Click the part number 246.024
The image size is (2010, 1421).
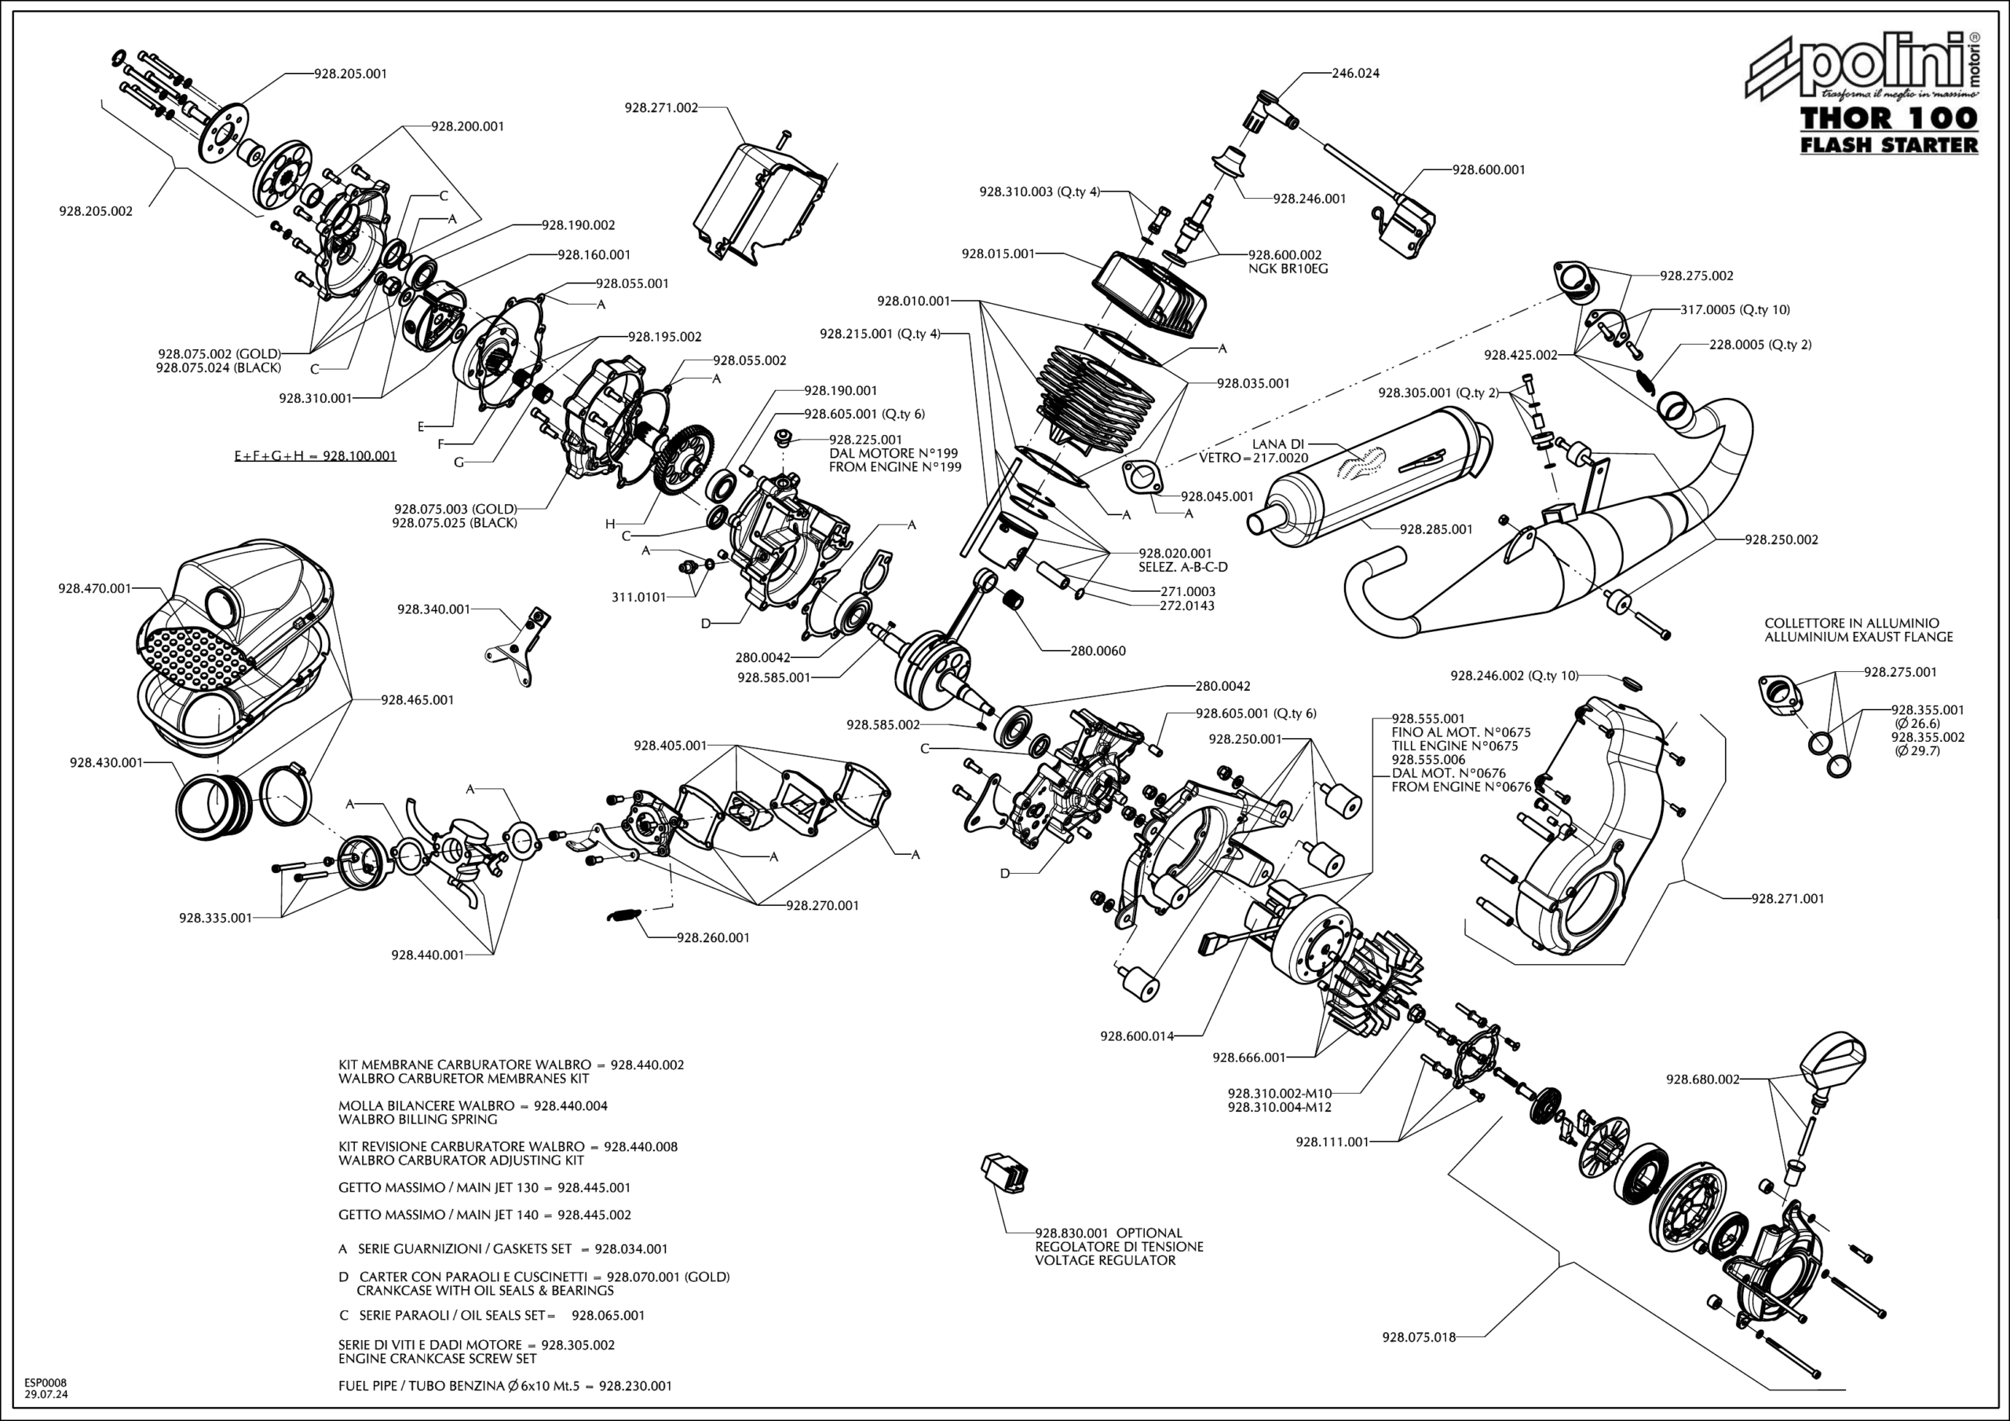pyautogui.click(x=1355, y=74)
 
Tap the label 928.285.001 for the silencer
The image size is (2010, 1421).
pyautogui.click(x=1436, y=530)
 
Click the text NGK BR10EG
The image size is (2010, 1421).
pyautogui.click(x=1288, y=268)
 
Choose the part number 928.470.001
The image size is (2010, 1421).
pyautogui.click(x=94, y=588)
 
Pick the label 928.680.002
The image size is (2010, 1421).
pyautogui.click(x=1703, y=1079)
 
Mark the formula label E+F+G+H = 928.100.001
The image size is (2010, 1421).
pyautogui.click(x=315, y=456)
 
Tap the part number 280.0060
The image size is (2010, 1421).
pyautogui.click(x=1098, y=651)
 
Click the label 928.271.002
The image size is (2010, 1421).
pyautogui.click(x=661, y=108)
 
